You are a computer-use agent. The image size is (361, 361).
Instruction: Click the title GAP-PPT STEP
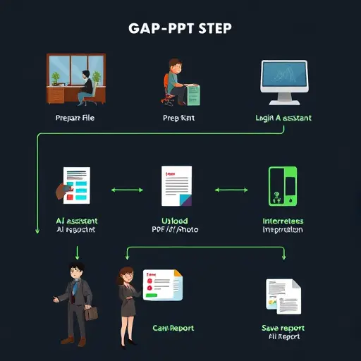(x=180, y=30)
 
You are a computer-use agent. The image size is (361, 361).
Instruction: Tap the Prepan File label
(x=74, y=118)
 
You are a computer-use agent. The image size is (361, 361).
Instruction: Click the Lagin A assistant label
(x=283, y=118)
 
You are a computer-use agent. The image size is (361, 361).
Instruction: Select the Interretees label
(x=283, y=220)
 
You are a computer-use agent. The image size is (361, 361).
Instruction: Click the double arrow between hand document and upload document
(x=127, y=190)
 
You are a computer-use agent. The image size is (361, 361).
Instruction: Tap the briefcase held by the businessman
(x=92, y=312)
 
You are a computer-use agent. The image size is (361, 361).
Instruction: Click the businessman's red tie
(x=72, y=290)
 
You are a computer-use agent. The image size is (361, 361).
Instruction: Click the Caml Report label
(x=173, y=328)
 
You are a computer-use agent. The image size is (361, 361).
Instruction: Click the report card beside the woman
(x=161, y=285)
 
